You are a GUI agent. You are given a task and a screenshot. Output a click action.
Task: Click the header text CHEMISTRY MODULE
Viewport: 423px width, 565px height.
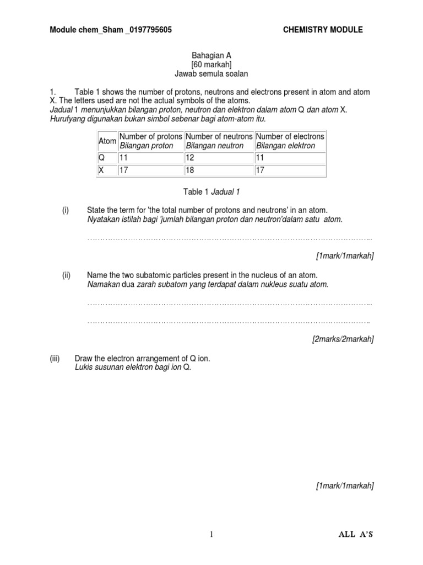(322, 30)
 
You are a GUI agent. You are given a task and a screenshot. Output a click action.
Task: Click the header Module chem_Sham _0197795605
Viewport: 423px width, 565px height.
(111, 30)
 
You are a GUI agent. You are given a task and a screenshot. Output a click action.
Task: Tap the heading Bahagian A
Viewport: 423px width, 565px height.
(207, 56)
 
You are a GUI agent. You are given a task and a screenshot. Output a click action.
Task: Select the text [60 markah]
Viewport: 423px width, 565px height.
(207, 65)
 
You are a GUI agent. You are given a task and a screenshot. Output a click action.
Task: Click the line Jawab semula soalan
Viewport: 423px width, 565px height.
(207, 73)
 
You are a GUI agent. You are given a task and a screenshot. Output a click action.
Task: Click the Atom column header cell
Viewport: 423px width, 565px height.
(107, 141)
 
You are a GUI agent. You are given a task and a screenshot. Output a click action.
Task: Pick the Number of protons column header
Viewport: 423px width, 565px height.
(150, 141)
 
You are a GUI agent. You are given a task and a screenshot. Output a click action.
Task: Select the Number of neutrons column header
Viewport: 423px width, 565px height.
(219, 141)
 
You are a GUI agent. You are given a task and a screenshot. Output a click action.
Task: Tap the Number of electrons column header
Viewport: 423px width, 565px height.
(290, 141)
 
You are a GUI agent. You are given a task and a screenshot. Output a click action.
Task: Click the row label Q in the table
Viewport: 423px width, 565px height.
(101, 158)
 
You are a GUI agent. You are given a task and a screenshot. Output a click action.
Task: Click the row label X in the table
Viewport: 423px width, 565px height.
(101, 170)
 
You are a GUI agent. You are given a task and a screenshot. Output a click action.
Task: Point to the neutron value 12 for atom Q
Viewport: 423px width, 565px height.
(191, 158)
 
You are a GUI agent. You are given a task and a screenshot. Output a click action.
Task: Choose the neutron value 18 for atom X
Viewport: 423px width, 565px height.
(191, 170)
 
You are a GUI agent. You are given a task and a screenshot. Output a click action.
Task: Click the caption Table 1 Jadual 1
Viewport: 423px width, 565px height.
(211, 192)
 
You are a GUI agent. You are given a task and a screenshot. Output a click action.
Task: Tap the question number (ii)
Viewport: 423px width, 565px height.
(66, 275)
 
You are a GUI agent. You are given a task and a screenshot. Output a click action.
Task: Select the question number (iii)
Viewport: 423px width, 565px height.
(55, 359)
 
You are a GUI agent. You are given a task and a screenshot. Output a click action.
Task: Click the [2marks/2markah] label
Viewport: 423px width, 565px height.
(343, 339)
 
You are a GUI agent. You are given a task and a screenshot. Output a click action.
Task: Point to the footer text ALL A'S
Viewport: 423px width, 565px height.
(357, 535)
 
